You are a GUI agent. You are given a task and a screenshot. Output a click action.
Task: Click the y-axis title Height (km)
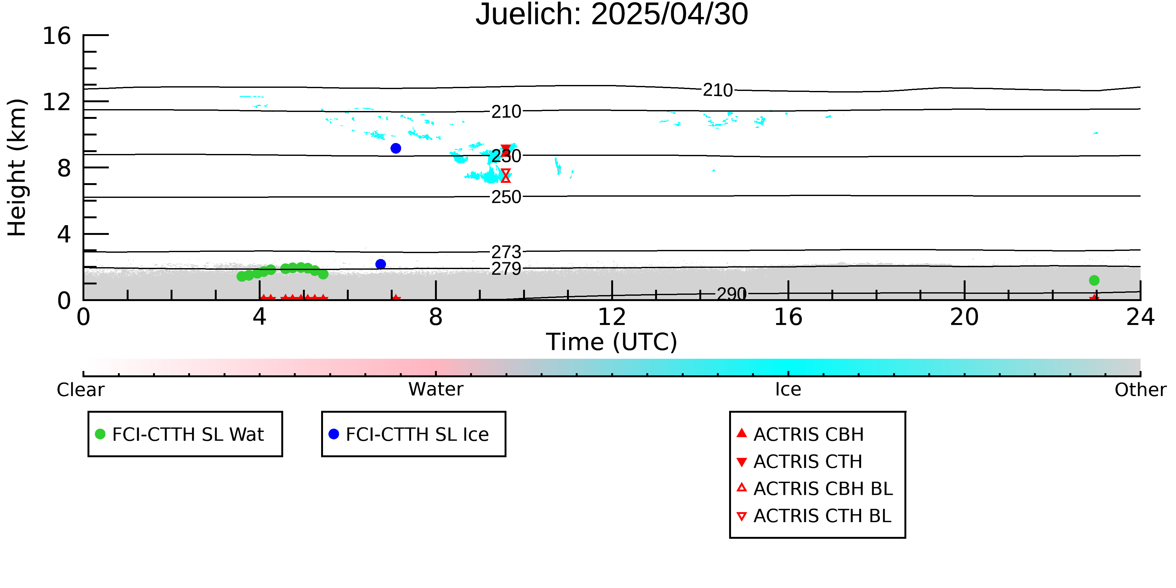[x=17, y=167]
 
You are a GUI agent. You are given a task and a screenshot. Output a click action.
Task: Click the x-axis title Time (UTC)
[x=612, y=342]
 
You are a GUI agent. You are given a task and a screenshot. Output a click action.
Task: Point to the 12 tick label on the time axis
[x=612, y=317]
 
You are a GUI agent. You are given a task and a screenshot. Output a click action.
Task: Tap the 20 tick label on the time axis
[x=964, y=317]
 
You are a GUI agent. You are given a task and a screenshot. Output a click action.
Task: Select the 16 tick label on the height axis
[x=57, y=36]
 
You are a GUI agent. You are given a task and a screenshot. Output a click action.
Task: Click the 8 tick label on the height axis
[x=64, y=168]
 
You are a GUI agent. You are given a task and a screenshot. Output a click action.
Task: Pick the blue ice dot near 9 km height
[x=396, y=148]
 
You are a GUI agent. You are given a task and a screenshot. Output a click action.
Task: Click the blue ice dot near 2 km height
[x=381, y=264]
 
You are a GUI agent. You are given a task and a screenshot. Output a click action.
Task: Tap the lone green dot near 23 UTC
[x=1094, y=280]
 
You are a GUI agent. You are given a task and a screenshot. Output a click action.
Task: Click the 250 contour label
[x=506, y=197]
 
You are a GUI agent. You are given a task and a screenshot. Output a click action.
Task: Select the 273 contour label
[x=506, y=252]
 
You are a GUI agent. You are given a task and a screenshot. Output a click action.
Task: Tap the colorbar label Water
[x=436, y=389]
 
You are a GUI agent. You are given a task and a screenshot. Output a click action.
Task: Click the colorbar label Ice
[x=788, y=389]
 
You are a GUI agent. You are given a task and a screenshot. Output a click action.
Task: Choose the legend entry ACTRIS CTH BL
[x=814, y=516]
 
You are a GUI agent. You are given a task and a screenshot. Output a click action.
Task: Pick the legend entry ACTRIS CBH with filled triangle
[x=800, y=434]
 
